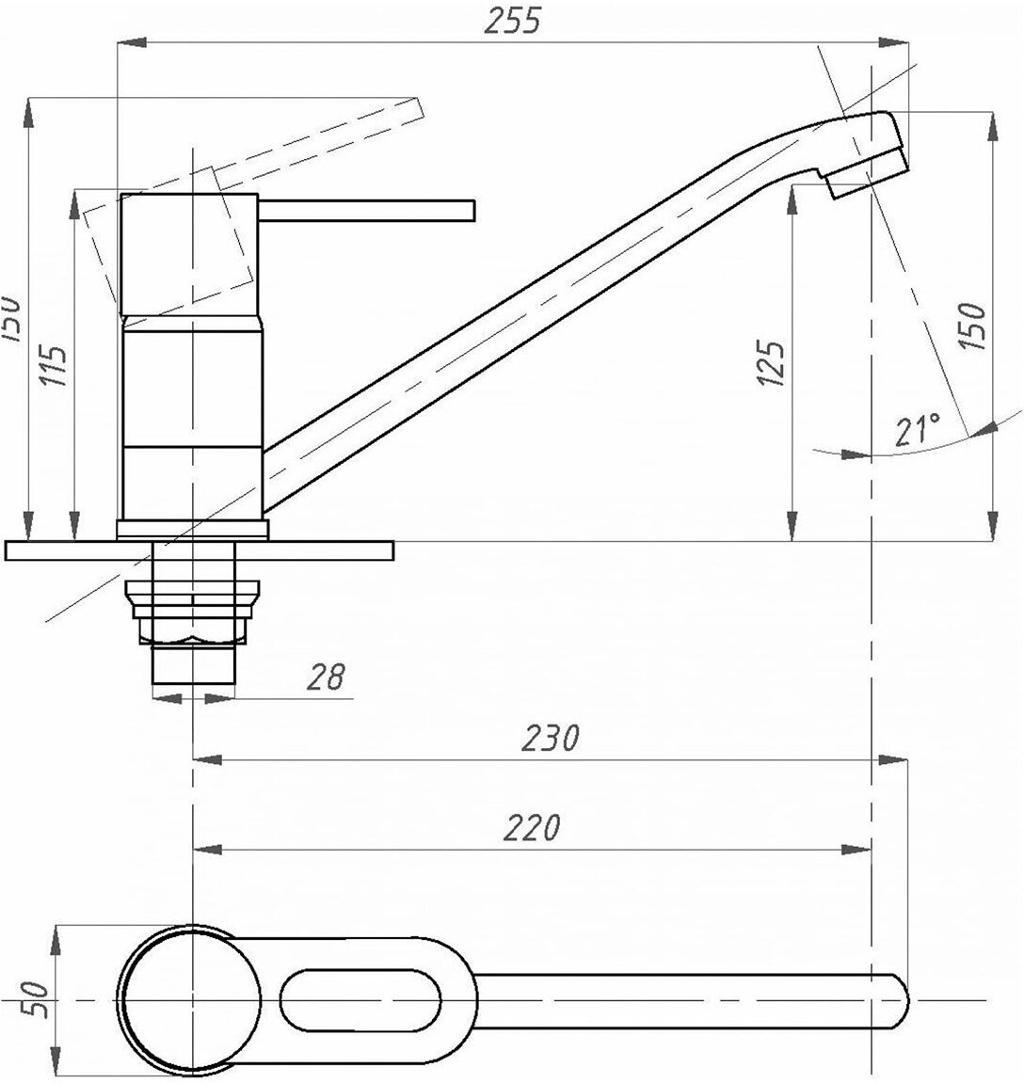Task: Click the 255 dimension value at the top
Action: point(513,22)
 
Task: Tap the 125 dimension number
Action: point(774,363)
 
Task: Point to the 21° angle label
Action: point(917,430)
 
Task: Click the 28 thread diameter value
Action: point(326,677)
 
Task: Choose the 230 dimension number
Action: point(552,739)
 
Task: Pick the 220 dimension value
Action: point(533,828)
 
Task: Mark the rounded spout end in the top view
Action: point(900,999)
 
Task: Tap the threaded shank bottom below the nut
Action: point(193,669)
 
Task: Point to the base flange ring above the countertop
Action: point(192,530)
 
